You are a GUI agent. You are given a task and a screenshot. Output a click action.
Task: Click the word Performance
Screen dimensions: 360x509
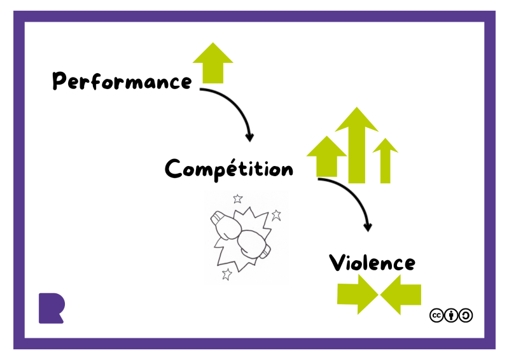point(121,81)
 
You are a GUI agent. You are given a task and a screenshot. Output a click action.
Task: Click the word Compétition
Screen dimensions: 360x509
point(229,169)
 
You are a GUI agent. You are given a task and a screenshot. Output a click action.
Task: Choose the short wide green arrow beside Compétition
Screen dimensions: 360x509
point(326,156)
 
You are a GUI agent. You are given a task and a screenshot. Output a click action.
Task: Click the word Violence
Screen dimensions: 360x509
point(372,262)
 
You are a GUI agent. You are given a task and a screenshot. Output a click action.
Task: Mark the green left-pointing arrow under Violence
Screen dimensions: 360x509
point(401,294)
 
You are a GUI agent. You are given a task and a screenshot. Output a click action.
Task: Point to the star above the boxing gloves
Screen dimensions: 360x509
point(238,198)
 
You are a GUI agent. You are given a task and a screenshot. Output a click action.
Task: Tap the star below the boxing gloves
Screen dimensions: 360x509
point(227,274)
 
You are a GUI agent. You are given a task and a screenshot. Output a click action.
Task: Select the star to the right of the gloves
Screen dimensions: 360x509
point(276,215)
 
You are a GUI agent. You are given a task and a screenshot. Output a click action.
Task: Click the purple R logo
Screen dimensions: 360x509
point(51,308)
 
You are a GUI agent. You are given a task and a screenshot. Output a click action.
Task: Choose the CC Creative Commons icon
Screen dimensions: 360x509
point(436,315)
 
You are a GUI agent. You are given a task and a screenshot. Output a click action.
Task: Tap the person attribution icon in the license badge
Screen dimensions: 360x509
point(451,315)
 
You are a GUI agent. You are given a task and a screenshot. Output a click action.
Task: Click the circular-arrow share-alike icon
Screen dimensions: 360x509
point(466,315)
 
